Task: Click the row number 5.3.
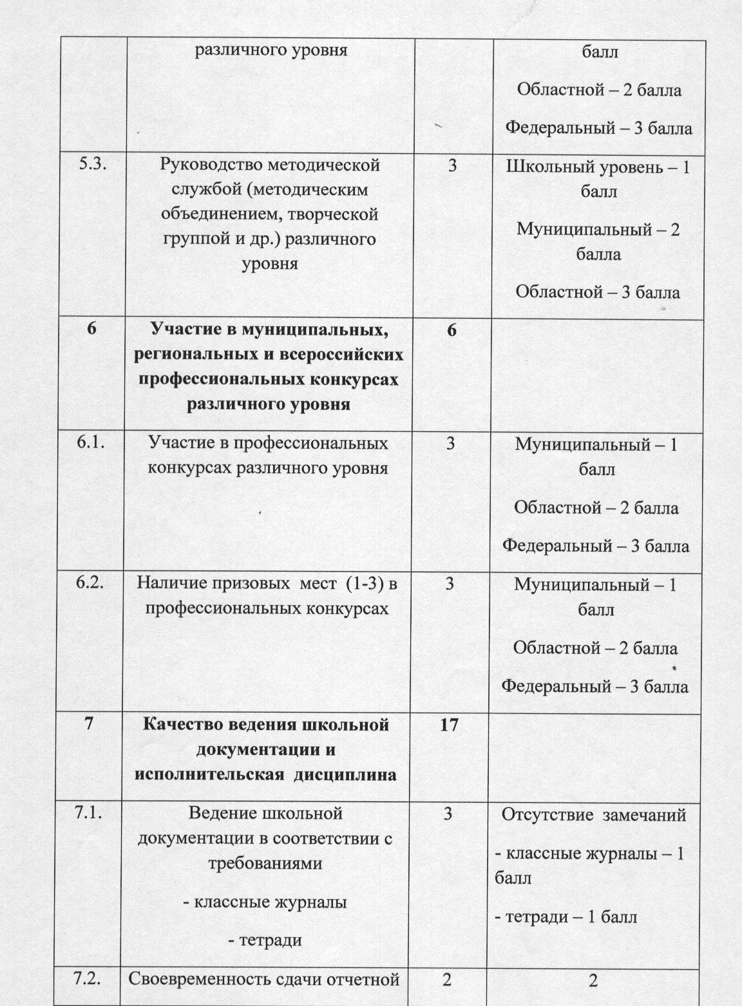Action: click(93, 165)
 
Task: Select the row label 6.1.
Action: click(90, 443)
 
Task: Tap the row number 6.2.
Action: click(90, 583)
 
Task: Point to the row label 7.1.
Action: click(90, 814)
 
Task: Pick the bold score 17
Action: click(449, 725)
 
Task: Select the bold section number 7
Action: click(90, 724)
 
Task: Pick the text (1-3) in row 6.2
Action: click(365, 584)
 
